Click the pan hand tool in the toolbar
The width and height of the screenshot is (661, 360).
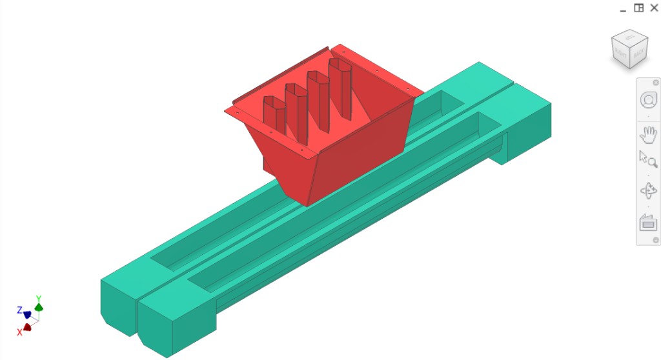pos(648,135)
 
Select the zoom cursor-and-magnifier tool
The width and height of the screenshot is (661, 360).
pos(647,158)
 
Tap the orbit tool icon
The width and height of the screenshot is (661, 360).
pos(648,191)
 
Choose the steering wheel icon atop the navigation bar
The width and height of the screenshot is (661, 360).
pos(648,101)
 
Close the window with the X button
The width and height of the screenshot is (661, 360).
pos(653,8)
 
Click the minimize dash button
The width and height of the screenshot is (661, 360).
pos(623,8)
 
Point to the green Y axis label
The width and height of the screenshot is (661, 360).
pos(39,299)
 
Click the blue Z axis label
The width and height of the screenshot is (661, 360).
pos(20,310)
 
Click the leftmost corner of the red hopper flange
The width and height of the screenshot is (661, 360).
pos(226,110)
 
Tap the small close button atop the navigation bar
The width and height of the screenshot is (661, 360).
pos(656,83)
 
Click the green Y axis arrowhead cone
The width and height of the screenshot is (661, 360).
pos(39,307)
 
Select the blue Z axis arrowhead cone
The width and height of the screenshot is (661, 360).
pos(27,314)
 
